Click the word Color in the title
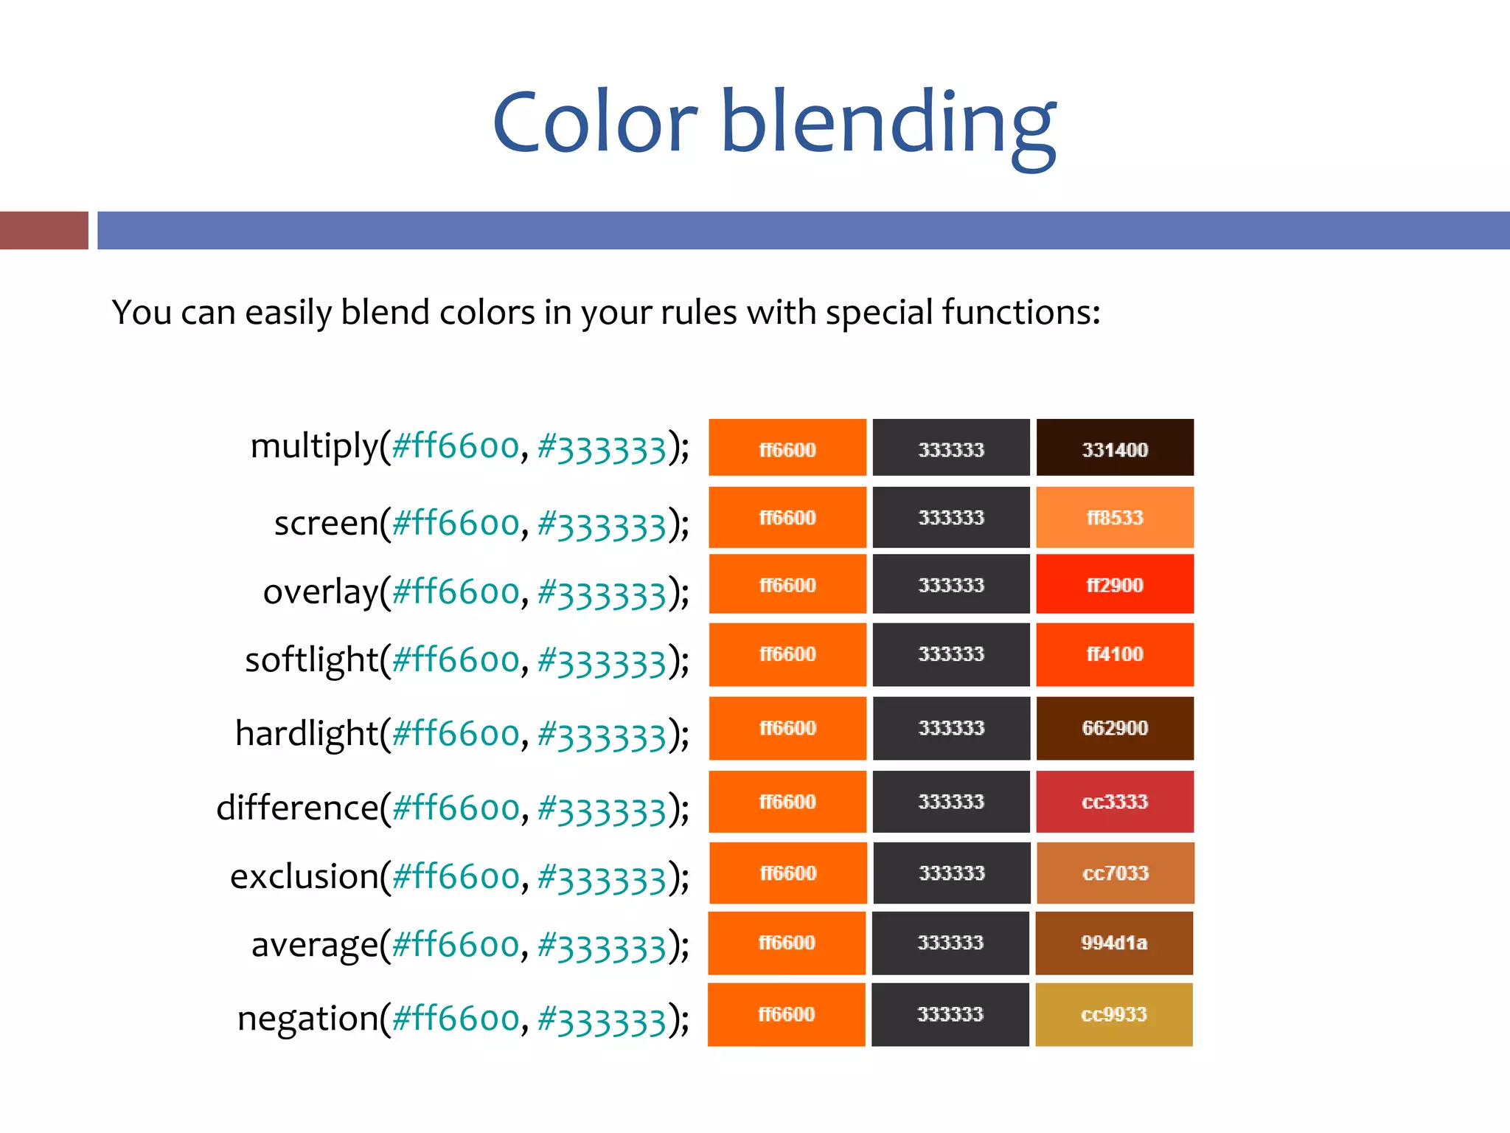(594, 122)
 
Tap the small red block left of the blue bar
(44, 230)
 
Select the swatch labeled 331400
(1114, 448)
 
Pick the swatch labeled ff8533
(1114, 517)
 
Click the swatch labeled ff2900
(1114, 584)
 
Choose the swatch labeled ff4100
(1114, 654)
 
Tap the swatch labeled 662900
(1114, 728)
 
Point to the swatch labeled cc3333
(1114, 802)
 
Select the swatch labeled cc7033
(1115, 873)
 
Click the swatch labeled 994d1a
(1113, 943)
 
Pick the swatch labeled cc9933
(1113, 1014)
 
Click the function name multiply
(314, 447)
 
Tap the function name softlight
(311, 659)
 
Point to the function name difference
(297, 808)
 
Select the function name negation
(307, 1019)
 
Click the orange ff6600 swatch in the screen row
(787, 517)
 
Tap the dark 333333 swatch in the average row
(950, 943)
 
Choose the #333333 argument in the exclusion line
(602, 878)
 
